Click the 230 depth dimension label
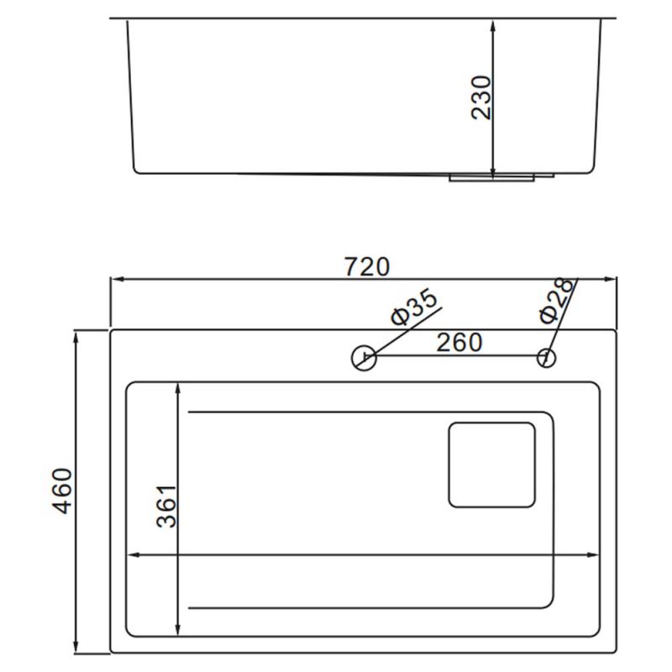click(x=480, y=97)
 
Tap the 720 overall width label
click(x=367, y=266)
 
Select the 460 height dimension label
click(x=61, y=491)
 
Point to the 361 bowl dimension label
click(x=166, y=507)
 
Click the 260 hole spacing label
click(x=459, y=342)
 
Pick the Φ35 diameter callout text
click(x=414, y=307)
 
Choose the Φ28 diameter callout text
click(x=556, y=301)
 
